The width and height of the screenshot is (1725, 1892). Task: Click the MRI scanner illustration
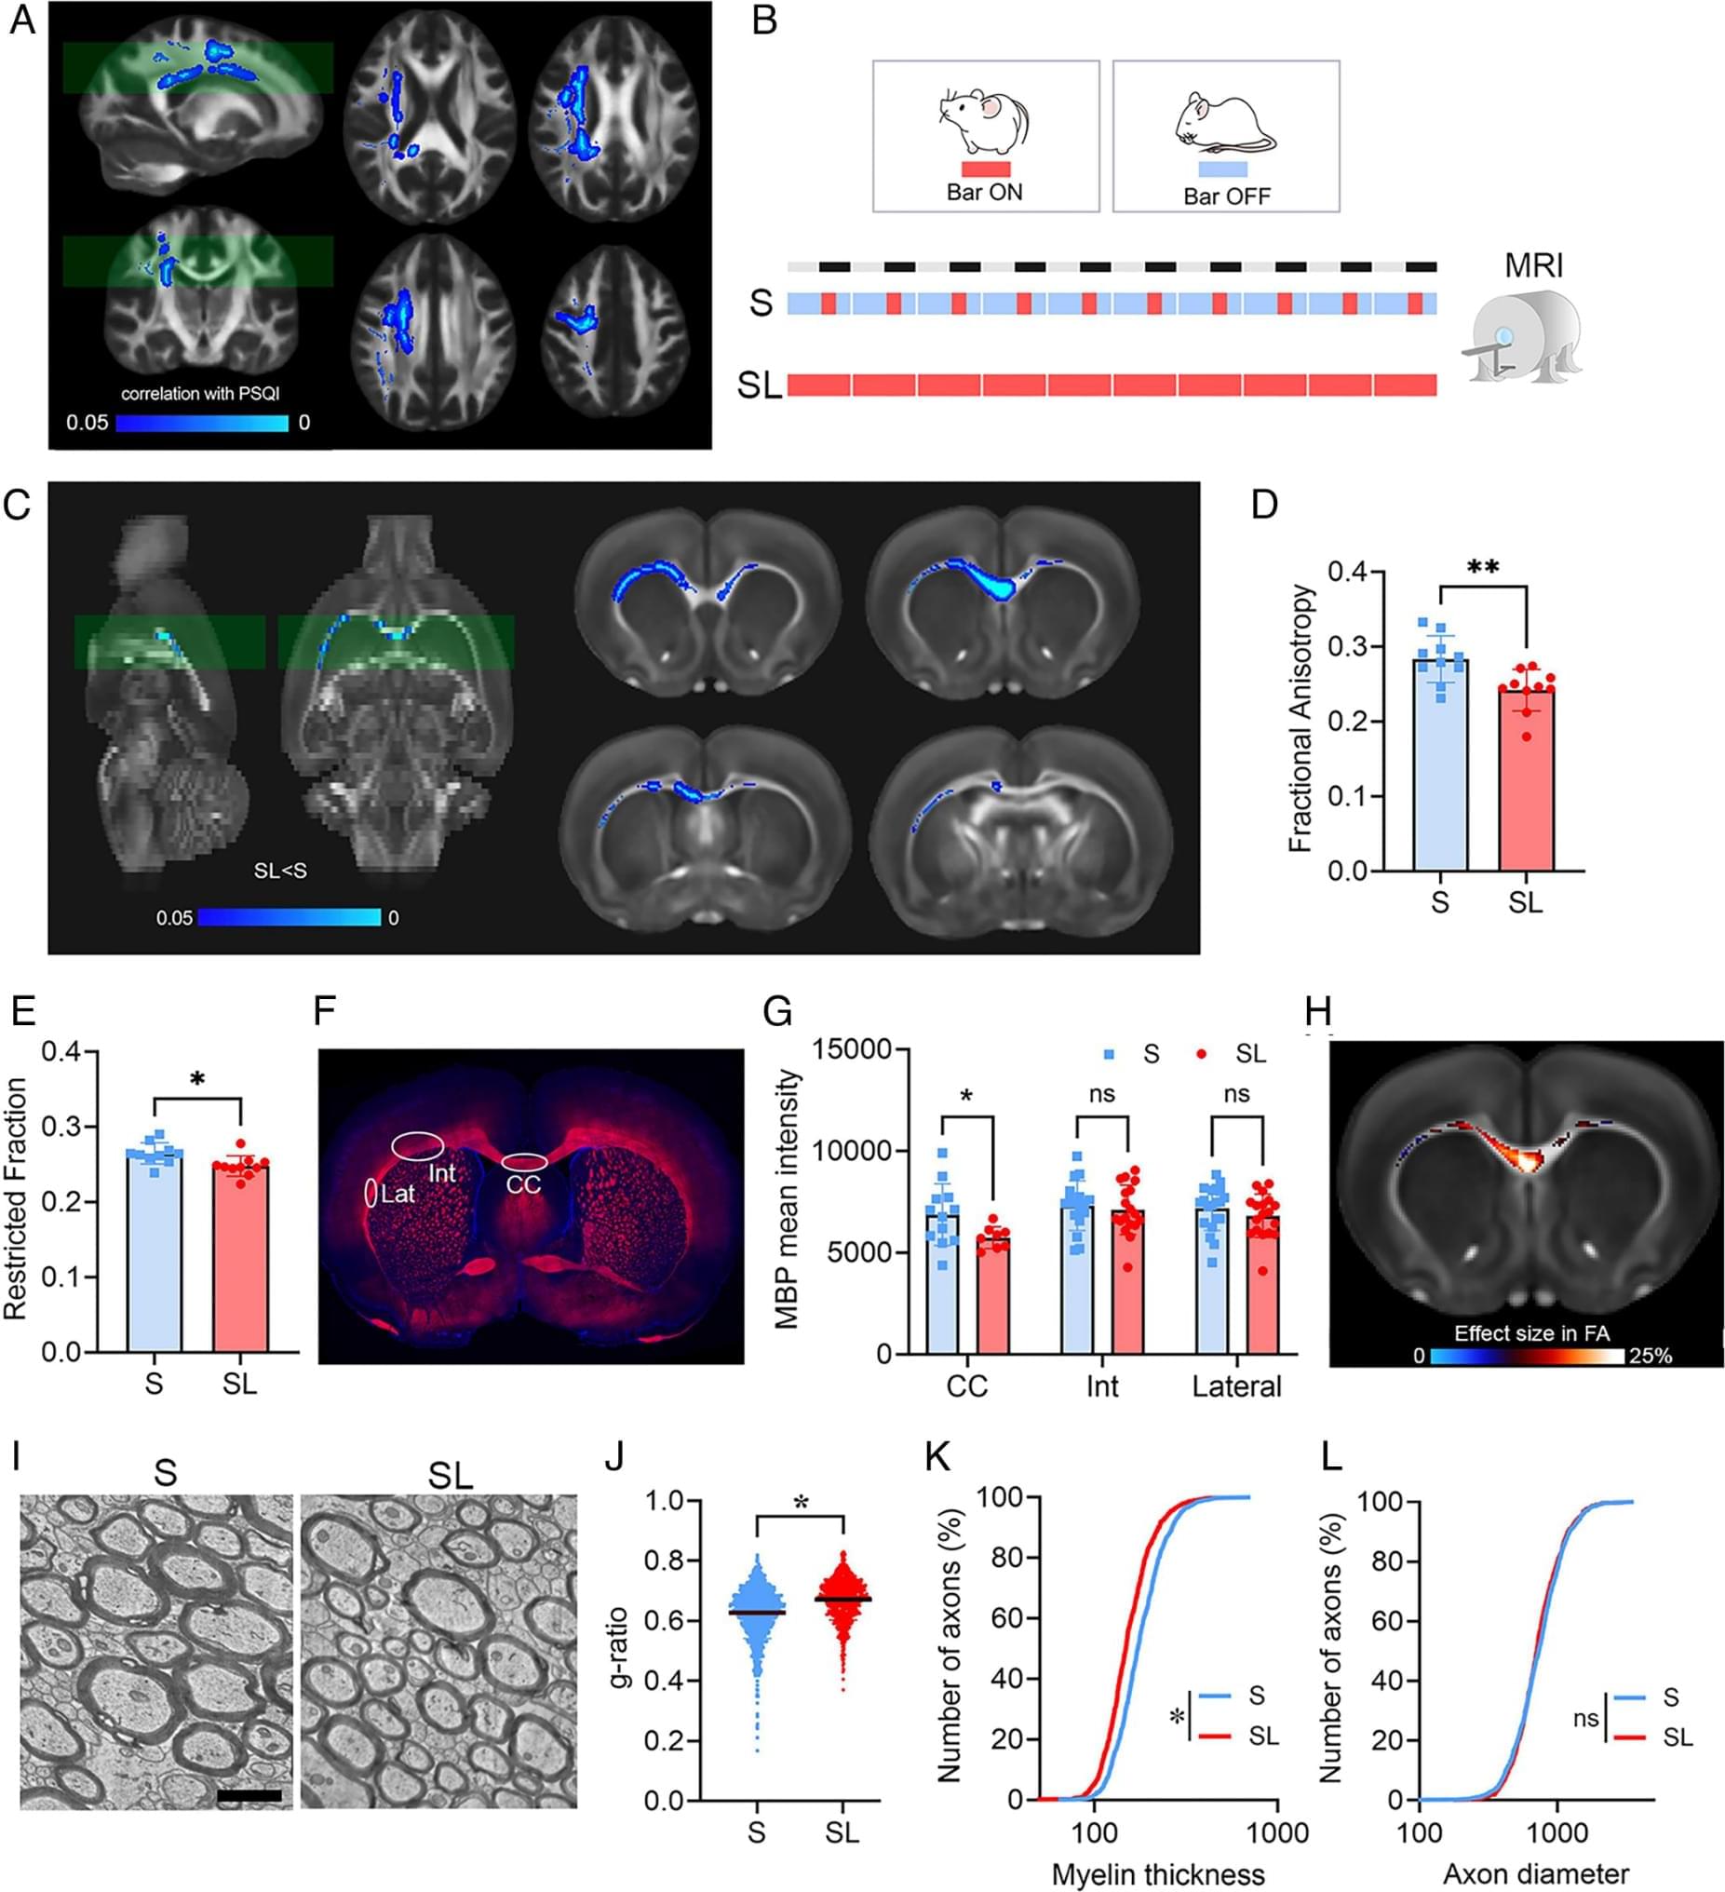tap(1521, 335)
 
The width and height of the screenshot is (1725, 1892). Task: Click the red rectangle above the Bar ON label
tap(986, 169)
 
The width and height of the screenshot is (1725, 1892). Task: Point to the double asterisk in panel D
tap(1482, 568)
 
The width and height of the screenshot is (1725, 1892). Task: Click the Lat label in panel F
tap(398, 1194)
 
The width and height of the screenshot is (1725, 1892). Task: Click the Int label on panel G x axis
tap(1102, 1386)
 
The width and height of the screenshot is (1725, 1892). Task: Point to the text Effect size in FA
tap(1531, 1332)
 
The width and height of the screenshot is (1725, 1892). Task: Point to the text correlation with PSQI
tap(200, 393)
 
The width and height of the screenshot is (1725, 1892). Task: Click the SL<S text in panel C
tap(279, 871)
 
